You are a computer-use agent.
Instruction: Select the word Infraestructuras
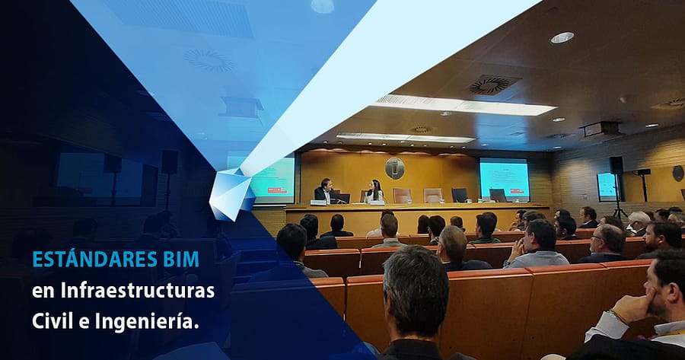click(138, 291)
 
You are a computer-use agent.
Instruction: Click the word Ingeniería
click(147, 323)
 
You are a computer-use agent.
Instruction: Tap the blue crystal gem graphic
click(231, 194)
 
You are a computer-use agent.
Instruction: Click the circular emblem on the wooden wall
click(394, 168)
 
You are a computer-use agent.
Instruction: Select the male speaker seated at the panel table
click(324, 190)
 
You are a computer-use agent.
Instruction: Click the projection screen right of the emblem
click(504, 179)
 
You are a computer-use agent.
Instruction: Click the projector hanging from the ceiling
click(602, 129)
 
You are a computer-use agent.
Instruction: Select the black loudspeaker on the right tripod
click(616, 166)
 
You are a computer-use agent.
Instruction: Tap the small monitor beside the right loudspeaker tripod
click(606, 187)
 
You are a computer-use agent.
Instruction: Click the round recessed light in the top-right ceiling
click(562, 37)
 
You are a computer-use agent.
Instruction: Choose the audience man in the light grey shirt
click(537, 244)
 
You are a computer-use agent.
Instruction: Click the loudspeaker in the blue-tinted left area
click(170, 162)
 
